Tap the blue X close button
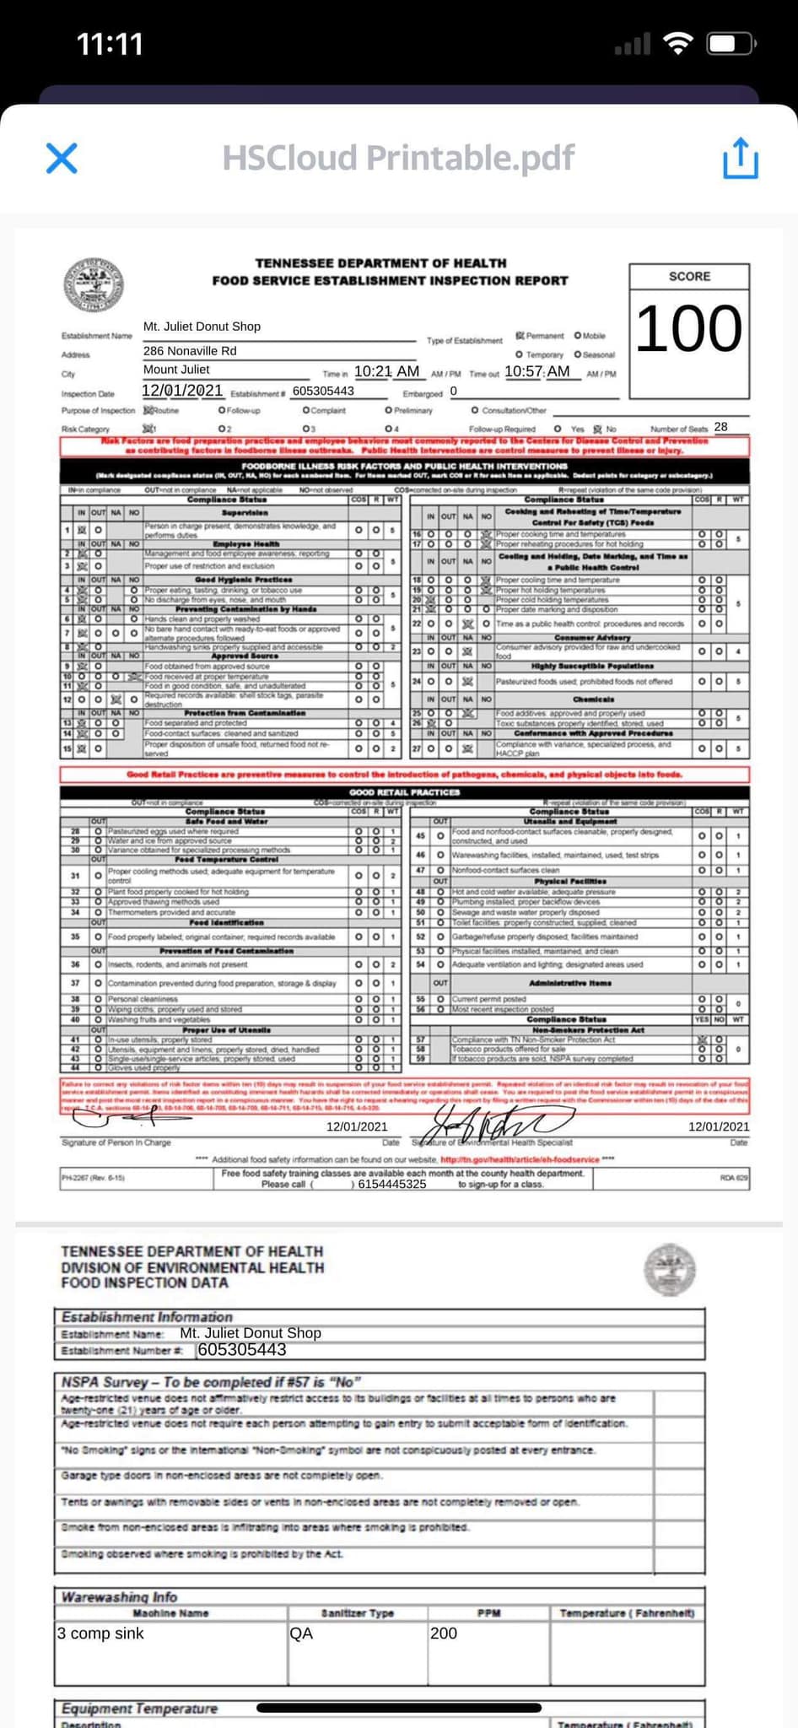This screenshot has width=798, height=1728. click(x=62, y=158)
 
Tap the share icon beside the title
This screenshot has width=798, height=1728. click(x=740, y=159)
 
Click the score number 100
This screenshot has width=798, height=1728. click(x=688, y=329)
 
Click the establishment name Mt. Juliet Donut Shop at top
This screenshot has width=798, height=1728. click(x=202, y=327)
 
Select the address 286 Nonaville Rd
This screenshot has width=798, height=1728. click(x=190, y=351)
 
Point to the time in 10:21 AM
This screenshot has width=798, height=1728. click(x=386, y=371)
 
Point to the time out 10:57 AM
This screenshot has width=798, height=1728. click(x=537, y=371)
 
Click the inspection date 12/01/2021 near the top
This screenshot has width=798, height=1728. click(x=182, y=391)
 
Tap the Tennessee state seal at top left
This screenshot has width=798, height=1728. click(x=94, y=284)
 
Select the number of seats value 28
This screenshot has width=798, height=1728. click(x=720, y=427)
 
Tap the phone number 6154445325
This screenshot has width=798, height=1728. click(x=391, y=1184)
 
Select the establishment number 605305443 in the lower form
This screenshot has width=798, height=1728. click(x=242, y=1350)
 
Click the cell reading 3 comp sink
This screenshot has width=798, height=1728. click(x=100, y=1633)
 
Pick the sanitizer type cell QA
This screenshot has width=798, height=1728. click(x=301, y=1633)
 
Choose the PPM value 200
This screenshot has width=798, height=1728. click(x=444, y=1633)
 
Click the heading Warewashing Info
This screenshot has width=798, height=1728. click(x=119, y=1596)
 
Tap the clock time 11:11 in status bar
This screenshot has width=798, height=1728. click(x=110, y=44)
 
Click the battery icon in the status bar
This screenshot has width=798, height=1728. click(x=731, y=44)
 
